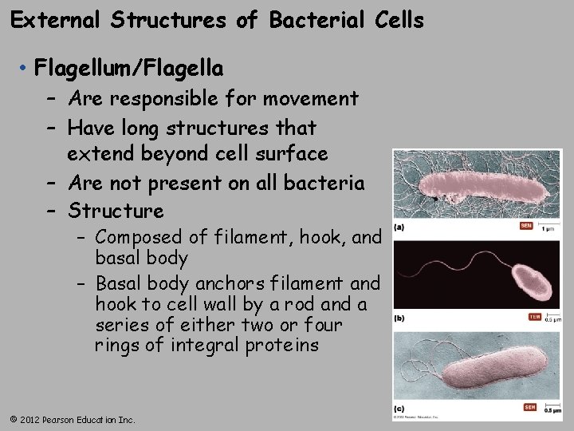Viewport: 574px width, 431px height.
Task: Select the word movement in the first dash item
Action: click(310, 99)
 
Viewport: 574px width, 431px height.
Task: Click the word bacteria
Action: click(322, 183)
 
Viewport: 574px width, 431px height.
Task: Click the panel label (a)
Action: click(399, 227)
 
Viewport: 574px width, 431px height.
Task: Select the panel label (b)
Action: click(399, 318)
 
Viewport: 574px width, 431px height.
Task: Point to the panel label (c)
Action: click(399, 409)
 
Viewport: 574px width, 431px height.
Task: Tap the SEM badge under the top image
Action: click(526, 226)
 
